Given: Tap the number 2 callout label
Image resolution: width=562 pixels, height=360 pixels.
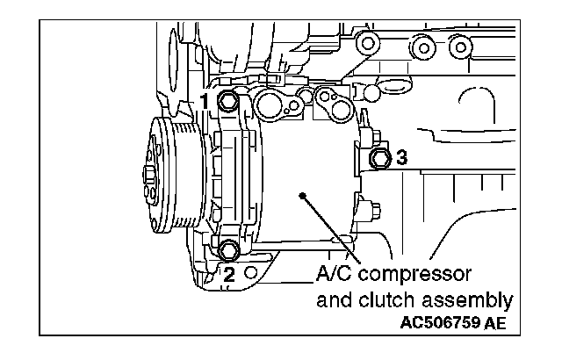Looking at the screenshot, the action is pos(228,275).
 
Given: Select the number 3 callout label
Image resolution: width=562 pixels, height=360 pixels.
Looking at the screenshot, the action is pos(401,158).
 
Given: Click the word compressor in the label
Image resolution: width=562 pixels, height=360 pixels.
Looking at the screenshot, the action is pos(414,275).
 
